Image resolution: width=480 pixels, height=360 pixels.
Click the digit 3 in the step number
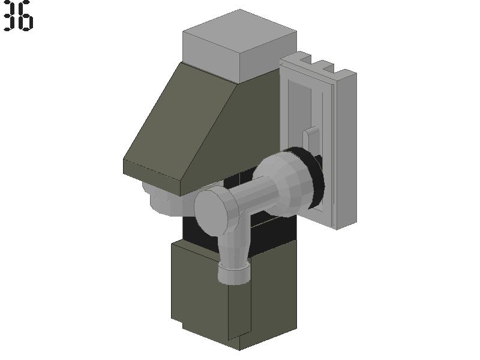coord(10,16)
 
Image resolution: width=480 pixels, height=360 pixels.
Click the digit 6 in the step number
coord(26,16)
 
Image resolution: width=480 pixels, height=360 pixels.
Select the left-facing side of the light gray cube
coord(211,58)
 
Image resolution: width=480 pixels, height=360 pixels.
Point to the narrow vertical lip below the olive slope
coord(152,178)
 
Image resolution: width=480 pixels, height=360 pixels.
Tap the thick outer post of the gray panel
coord(346,150)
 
